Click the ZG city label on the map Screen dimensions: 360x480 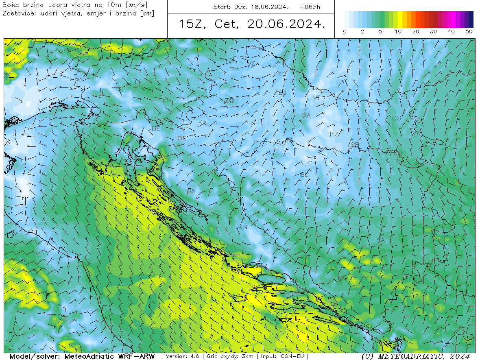tap(229, 100)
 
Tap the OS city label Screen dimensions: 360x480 tap(396, 118)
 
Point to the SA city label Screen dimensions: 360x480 tap(380, 240)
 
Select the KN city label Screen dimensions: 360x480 tap(243, 227)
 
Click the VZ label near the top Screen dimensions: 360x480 tap(251, 63)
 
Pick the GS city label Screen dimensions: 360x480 tap(191, 191)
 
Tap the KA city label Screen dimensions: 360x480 tap(202, 122)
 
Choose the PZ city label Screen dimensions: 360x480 tap(334, 134)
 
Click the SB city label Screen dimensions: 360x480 tap(355, 145)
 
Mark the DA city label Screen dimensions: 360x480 tap(306, 116)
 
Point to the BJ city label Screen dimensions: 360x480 tap(282, 93)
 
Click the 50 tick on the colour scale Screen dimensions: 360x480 tap(469, 32)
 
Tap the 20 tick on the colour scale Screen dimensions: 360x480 tap(416, 32)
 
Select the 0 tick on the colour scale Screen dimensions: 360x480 tap(345, 32)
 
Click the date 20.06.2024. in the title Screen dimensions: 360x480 tap(286, 24)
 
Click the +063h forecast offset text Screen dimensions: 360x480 tap(310, 7)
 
